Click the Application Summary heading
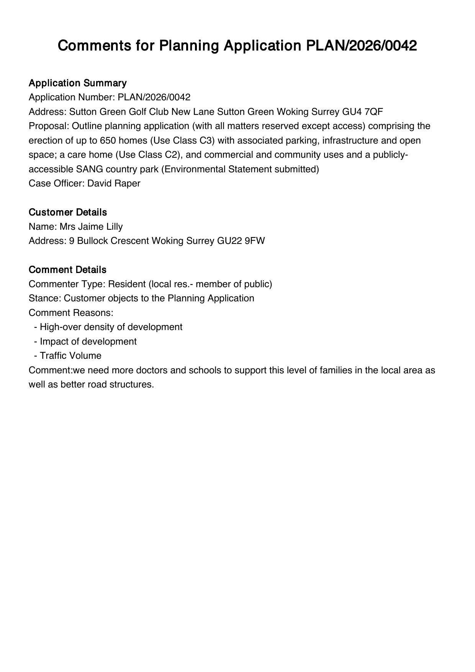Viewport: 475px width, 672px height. pos(77,83)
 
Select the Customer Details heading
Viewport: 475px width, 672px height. pos(68,212)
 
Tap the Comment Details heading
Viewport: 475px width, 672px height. pos(67,270)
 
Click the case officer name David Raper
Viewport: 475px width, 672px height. pos(114,183)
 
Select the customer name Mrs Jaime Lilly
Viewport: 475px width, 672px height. pos(91,227)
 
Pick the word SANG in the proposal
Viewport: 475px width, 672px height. pos(90,169)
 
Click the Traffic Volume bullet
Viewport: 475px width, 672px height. pos(70,356)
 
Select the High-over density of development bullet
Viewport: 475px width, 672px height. pos(111,327)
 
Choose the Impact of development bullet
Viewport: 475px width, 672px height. pos(88,342)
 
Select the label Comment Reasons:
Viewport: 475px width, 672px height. pos(71,313)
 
